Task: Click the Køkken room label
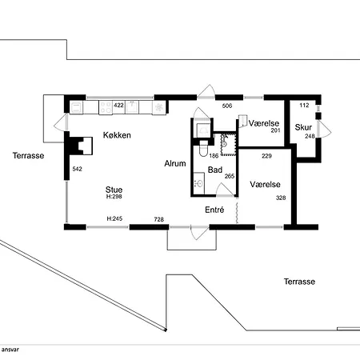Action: [117, 135]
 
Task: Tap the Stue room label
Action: [114, 190]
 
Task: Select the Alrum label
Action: [175, 163]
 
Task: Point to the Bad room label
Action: [215, 170]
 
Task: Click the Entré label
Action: [214, 210]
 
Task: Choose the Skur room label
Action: [303, 127]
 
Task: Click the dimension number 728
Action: [159, 219]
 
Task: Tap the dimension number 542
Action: [77, 169]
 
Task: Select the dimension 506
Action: [227, 106]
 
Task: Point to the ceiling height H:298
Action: [114, 197]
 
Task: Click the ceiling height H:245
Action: [114, 218]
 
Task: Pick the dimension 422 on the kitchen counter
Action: [118, 105]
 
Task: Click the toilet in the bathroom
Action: [203, 149]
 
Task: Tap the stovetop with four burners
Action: [106, 107]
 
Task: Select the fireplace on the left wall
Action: [81, 146]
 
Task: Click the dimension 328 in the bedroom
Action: [281, 198]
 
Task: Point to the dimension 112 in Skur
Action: [304, 106]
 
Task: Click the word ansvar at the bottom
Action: [10, 350]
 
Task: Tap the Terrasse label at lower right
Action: [299, 282]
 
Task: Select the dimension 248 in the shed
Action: [310, 136]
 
